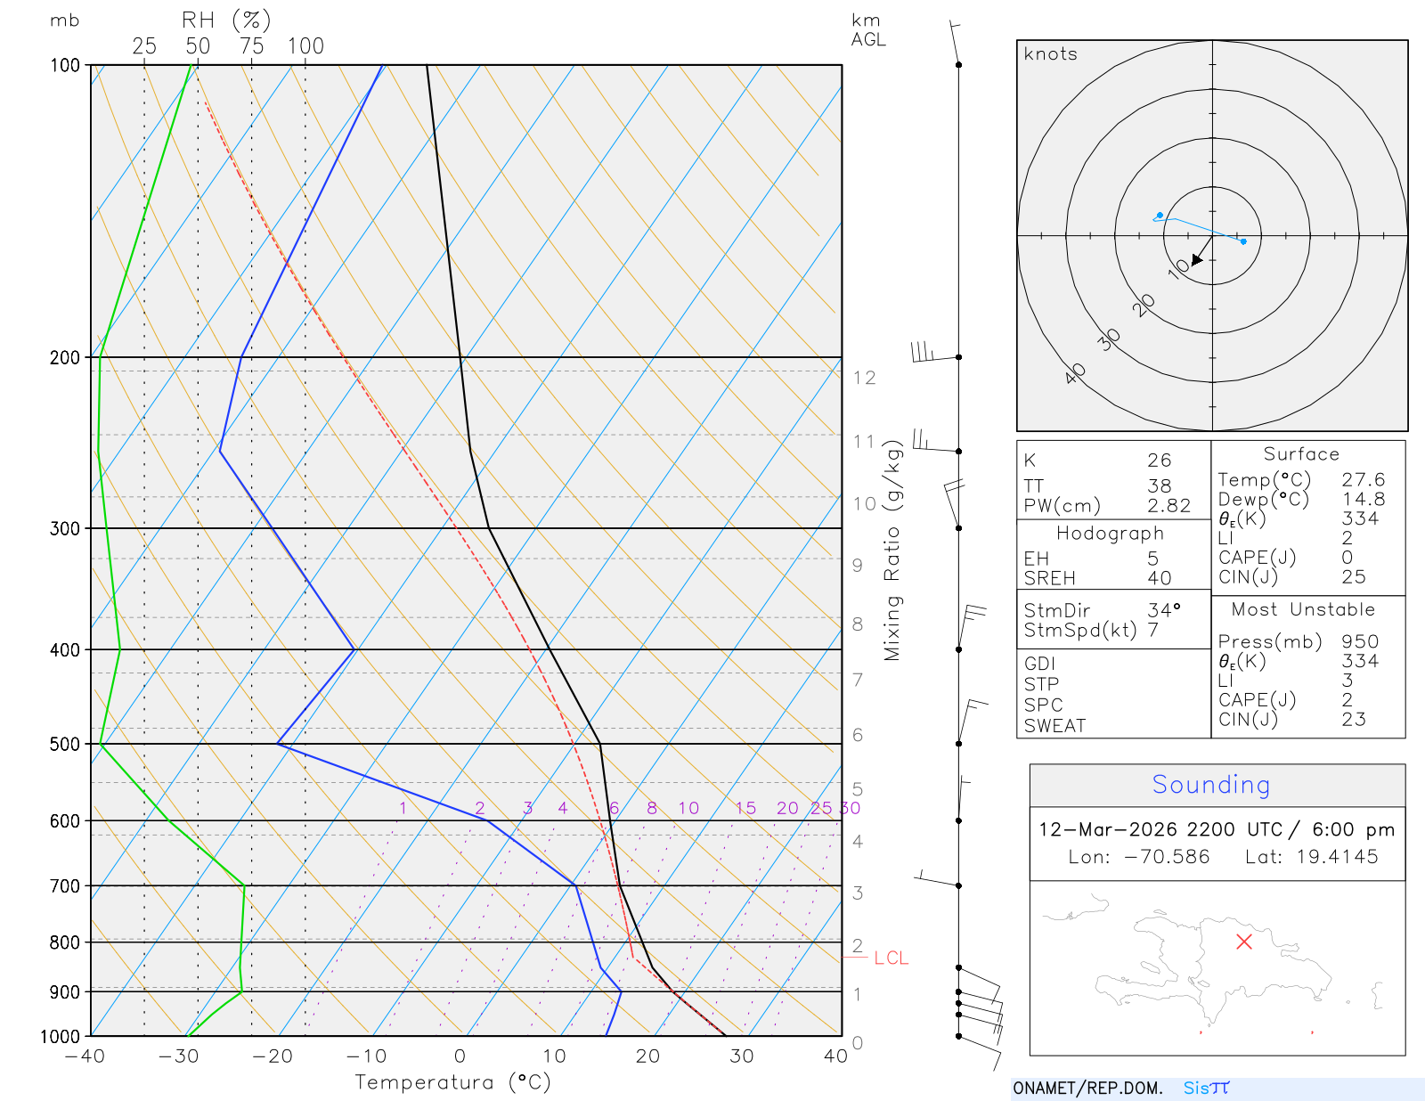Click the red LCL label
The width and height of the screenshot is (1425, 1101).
click(891, 958)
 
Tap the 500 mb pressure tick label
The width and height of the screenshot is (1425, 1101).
click(65, 744)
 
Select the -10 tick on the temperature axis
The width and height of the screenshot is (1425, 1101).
click(367, 1056)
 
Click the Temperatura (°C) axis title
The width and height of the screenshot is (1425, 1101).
click(452, 1082)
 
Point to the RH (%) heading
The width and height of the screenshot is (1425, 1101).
click(226, 20)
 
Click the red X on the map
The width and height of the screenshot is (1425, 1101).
click(1244, 942)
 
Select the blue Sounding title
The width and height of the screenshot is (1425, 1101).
click(1210, 785)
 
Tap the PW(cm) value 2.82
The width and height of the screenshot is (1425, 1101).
click(1168, 506)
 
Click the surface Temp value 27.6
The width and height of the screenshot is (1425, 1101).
click(1363, 480)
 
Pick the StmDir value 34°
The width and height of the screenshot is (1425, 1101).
click(1163, 610)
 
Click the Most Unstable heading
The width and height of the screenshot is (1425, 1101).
click(1302, 610)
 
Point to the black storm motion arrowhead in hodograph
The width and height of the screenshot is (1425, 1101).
click(1198, 259)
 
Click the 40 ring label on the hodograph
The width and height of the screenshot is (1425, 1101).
click(1075, 373)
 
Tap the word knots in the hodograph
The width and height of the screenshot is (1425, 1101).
click(1051, 54)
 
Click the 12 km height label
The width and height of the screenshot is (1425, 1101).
click(864, 378)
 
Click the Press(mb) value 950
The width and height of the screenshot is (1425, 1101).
click(1360, 642)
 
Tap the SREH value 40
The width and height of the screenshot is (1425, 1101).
click(1159, 578)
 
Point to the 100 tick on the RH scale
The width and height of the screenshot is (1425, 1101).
click(305, 46)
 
